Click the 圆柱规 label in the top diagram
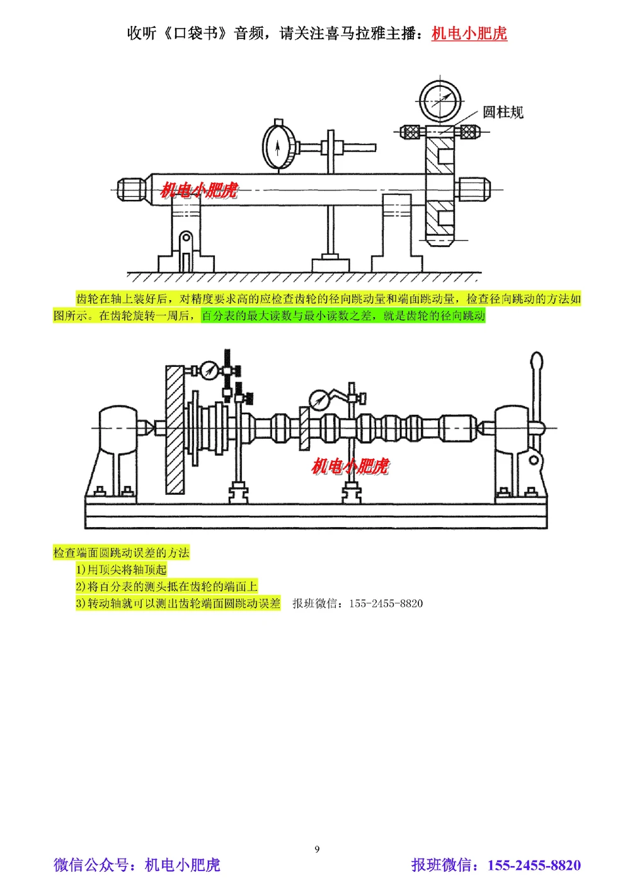(503, 112)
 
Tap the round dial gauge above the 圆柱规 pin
(440, 101)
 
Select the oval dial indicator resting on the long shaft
(278, 146)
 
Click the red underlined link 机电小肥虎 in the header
(469, 33)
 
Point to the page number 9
(317, 849)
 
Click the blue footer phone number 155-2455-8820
(534, 865)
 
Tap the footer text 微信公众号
(94, 865)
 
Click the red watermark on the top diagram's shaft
(199, 190)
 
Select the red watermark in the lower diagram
(350, 466)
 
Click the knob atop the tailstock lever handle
(536, 364)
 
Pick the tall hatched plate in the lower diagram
(175, 429)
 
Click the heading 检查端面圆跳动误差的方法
(121, 553)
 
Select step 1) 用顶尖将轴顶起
(122, 570)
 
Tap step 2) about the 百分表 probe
(167, 586)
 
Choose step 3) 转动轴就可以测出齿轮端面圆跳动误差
(178, 603)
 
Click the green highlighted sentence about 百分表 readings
(343, 315)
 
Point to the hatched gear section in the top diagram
(439, 189)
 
